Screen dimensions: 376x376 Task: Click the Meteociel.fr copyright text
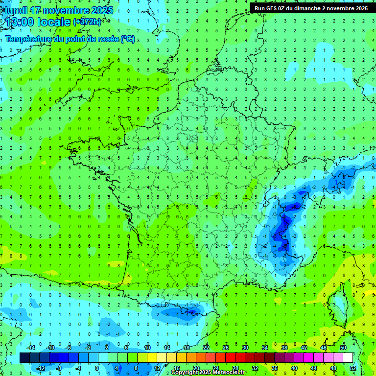click(209, 373)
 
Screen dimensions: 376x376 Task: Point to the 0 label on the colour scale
click(96, 368)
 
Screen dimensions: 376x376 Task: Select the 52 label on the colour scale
click(352, 368)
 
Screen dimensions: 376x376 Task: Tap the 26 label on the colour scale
click(225, 348)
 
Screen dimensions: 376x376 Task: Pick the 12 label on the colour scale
click(157, 368)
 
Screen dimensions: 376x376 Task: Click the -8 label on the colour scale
click(59, 368)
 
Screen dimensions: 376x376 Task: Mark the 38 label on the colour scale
click(284, 348)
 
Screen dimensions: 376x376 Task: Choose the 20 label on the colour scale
click(196, 368)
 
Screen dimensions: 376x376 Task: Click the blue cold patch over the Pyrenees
click(188, 311)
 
